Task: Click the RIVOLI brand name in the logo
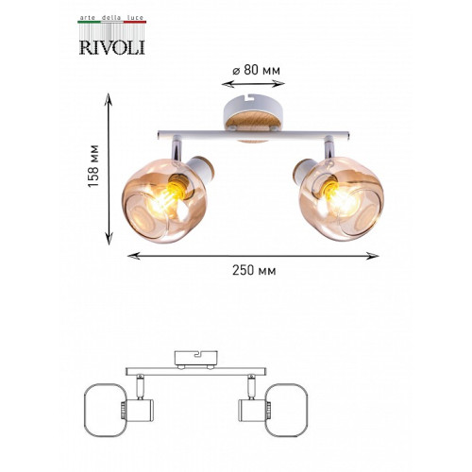111,47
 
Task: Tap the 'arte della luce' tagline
111,18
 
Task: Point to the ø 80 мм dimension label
256,70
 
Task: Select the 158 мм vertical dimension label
93,166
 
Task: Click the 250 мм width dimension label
254,270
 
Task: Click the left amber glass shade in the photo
164,199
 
